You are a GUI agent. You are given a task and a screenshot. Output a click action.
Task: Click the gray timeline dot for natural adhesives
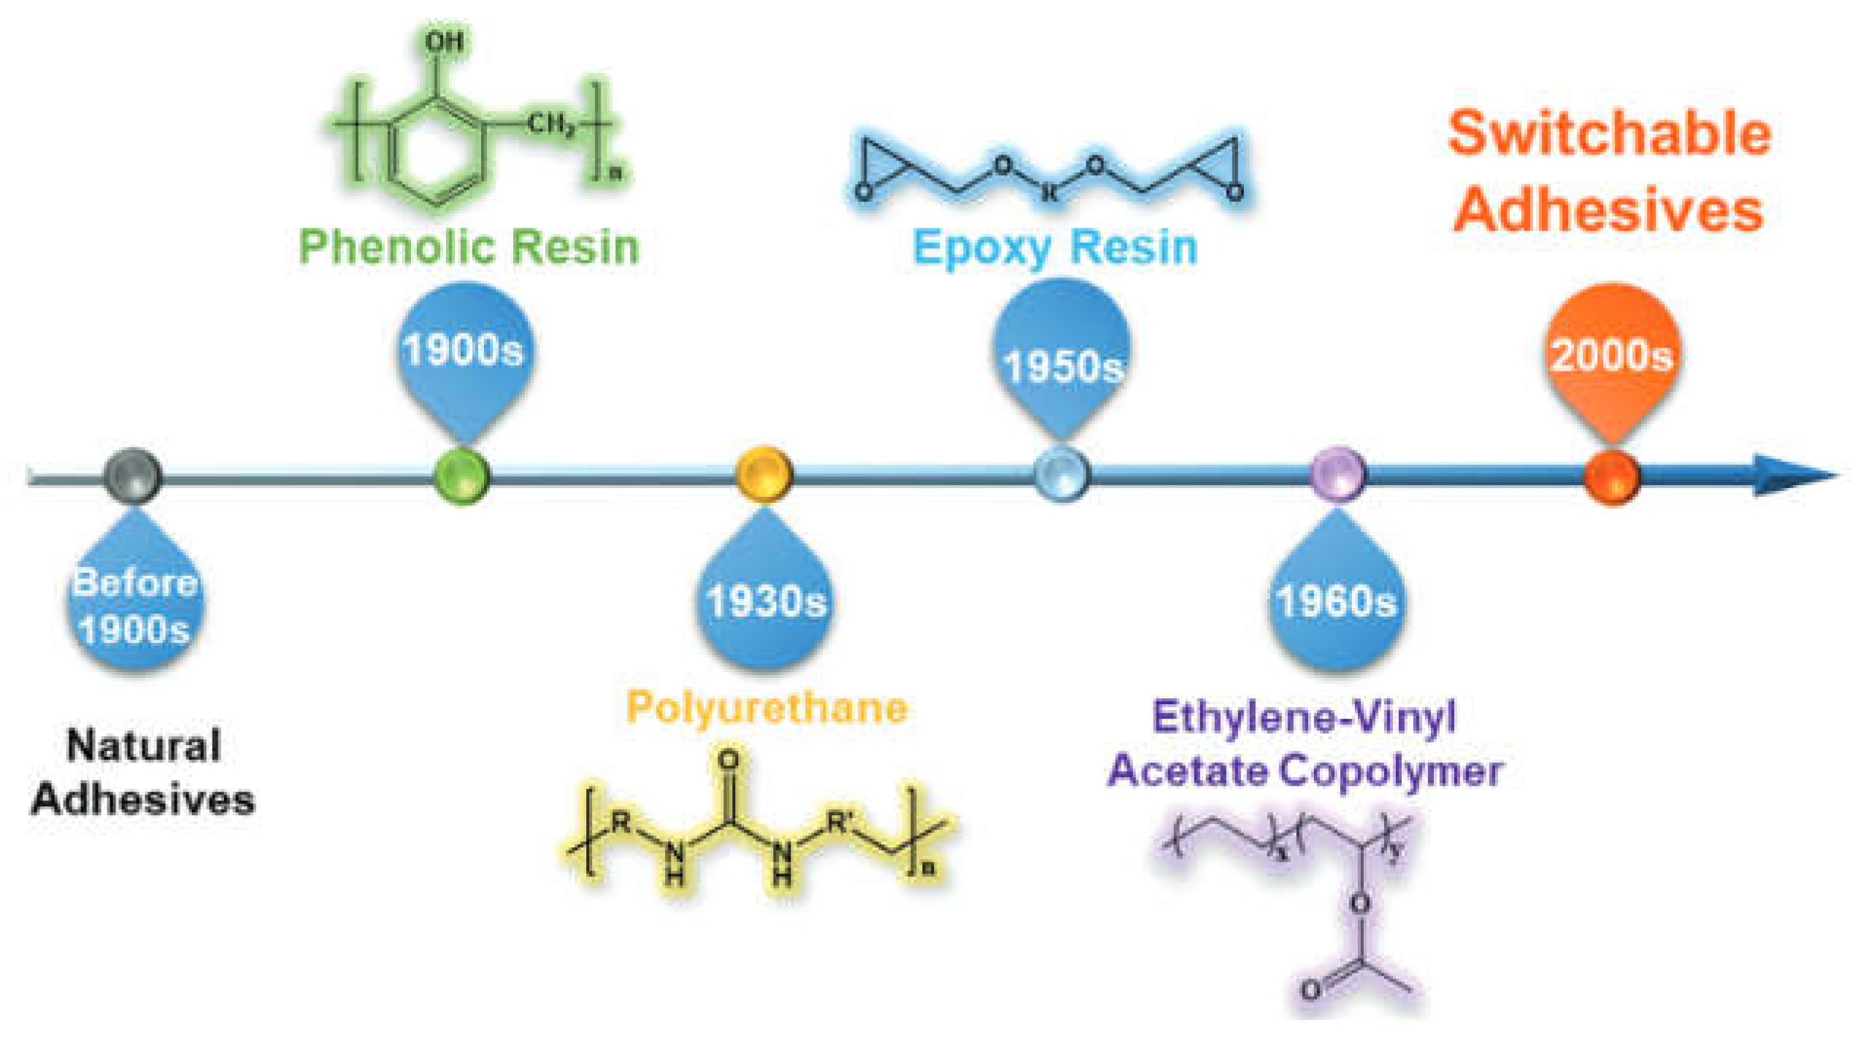(132, 476)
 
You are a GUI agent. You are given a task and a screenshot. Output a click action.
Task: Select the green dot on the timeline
(461, 476)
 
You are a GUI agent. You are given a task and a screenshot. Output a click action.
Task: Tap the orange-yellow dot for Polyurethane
(763, 474)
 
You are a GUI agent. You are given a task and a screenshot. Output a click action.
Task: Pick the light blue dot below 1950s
(1061, 474)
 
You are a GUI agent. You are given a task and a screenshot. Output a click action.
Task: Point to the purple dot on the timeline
(1337, 474)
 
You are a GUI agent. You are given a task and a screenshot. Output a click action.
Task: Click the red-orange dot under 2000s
(1611, 477)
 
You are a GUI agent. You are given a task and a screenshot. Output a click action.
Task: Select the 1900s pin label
(464, 350)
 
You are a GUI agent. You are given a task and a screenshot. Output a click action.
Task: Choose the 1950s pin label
(1062, 365)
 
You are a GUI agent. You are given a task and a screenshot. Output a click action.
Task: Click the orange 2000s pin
(1611, 355)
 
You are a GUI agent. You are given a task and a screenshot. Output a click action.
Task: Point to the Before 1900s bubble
(135, 606)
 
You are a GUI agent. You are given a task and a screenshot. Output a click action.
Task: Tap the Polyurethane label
(767, 707)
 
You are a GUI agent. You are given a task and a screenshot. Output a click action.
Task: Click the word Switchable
(1610, 134)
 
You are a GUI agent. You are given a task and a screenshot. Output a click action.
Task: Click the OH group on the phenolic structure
(445, 42)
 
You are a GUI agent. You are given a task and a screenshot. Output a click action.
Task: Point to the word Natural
(144, 746)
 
